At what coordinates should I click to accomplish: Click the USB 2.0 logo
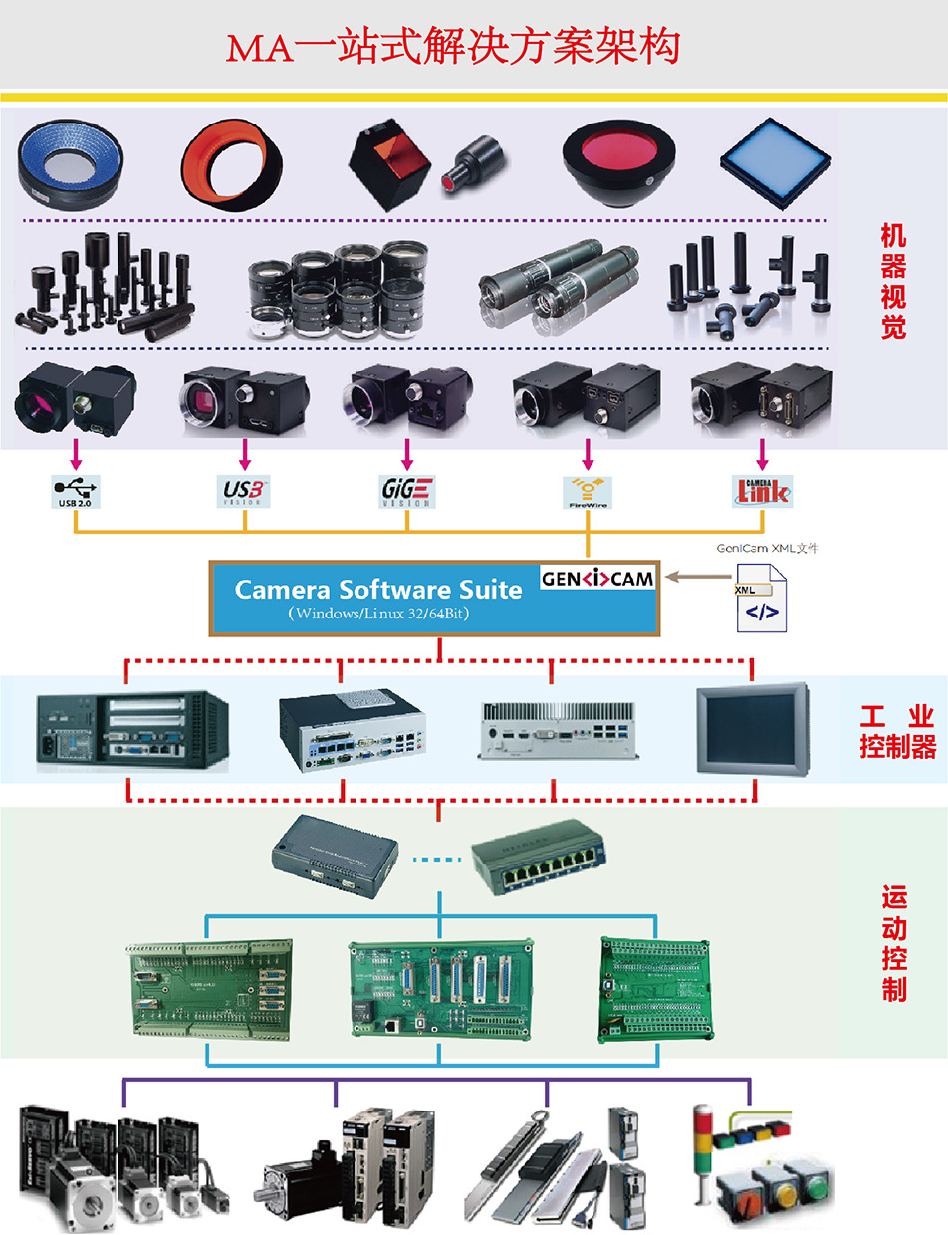[76, 491]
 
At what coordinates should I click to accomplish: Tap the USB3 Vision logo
[244, 490]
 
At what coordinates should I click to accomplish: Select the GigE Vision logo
[407, 491]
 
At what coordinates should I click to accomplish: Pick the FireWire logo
[588, 491]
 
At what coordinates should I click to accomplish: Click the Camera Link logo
[762, 490]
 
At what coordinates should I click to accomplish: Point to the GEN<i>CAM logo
[597, 579]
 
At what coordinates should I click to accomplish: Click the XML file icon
[761, 598]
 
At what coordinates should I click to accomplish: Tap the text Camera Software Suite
[377, 590]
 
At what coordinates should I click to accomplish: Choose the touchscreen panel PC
[751, 726]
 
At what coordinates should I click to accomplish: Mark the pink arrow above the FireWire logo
[588, 456]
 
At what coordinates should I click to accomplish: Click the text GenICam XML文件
[767, 548]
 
